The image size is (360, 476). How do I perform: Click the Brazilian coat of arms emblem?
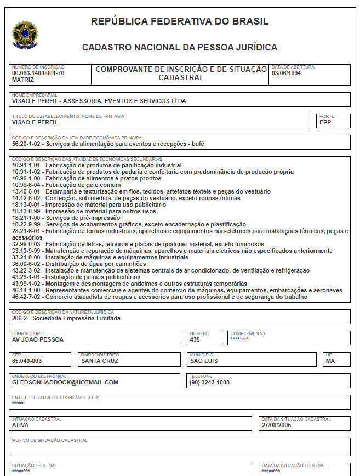click(23, 34)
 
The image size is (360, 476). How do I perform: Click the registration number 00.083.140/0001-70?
click(38, 73)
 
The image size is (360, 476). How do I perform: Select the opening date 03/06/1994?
click(287, 73)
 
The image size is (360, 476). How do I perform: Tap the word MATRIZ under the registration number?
click(23, 80)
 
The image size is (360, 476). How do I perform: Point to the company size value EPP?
click(325, 123)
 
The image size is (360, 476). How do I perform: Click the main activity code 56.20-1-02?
click(27, 144)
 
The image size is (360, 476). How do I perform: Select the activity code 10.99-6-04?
click(27, 185)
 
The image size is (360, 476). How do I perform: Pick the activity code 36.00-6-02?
click(27, 264)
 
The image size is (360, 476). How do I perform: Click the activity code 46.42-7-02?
click(27, 297)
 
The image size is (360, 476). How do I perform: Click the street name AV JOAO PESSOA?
click(38, 339)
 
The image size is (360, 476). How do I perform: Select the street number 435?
click(196, 339)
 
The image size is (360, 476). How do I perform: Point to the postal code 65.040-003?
click(27, 361)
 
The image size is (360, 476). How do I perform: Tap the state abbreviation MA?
click(330, 361)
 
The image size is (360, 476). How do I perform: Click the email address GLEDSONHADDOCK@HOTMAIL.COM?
click(65, 382)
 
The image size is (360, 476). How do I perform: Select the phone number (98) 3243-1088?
click(209, 382)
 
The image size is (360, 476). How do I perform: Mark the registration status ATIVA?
click(20, 425)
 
